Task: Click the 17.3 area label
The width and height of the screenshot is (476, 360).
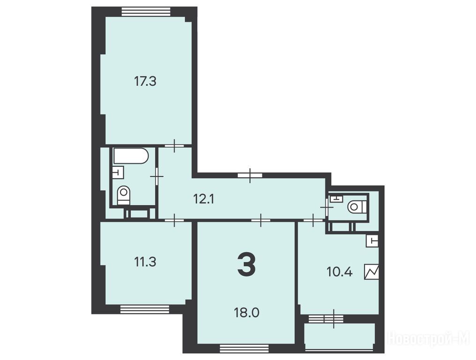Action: click(145, 82)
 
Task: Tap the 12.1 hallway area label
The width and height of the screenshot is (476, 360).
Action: click(204, 199)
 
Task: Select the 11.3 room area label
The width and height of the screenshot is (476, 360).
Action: click(145, 262)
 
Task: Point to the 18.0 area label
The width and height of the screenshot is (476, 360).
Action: click(246, 312)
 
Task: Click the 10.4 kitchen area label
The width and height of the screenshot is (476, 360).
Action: click(339, 271)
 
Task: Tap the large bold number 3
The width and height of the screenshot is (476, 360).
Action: click(246, 265)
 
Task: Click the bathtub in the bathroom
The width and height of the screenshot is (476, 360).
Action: click(131, 156)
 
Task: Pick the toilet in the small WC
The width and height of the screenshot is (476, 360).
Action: click(357, 207)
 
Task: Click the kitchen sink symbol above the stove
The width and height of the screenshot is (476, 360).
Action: click(372, 241)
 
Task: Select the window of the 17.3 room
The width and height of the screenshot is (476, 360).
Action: click(146, 11)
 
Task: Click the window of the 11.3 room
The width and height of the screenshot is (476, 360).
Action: click(144, 309)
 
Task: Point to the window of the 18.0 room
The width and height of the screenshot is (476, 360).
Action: click(245, 348)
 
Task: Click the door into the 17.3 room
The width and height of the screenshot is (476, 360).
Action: click(175, 145)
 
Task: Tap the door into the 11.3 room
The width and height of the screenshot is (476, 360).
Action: click(174, 220)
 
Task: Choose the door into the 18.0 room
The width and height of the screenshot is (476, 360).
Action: click(261, 220)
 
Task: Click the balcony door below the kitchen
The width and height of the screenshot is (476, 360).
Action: click(334, 319)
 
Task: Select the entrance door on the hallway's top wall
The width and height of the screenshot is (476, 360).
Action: click(250, 175)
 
